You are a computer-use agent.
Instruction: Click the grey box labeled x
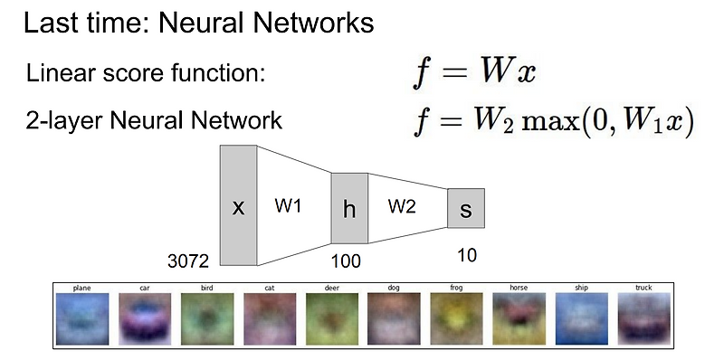tap(238, 205)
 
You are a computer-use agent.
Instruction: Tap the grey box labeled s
tap(466, 208)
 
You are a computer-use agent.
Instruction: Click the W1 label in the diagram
tap(289, 206)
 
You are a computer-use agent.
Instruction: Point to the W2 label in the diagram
tap(402, 207)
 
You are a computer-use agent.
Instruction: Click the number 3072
tap(188, 261)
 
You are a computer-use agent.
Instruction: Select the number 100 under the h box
tap(346, 261)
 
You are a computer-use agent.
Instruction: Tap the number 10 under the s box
tap(466, 256)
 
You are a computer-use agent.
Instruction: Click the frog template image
tap(455, 319)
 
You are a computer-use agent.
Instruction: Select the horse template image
tap(518, 319)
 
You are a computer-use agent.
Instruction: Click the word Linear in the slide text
tap(56, 73)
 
